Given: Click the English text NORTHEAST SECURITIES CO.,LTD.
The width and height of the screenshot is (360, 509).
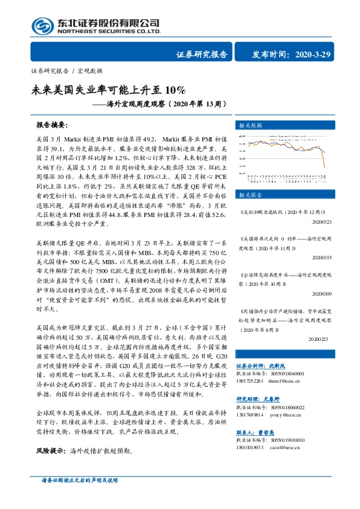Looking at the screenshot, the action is (109, 32).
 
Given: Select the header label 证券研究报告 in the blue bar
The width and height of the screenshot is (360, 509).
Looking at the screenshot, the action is (201, 54).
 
